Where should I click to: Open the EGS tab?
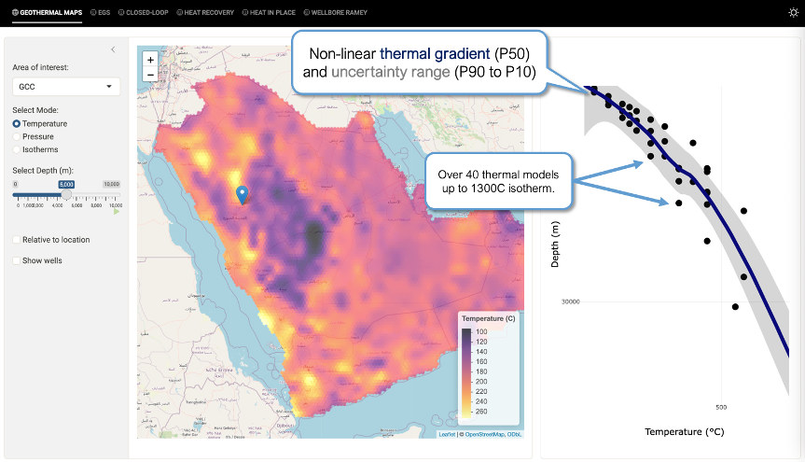[100, 12]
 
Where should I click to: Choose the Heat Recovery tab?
[205, 12]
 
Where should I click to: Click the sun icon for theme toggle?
[793, 12]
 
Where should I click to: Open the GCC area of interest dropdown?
[65, 87]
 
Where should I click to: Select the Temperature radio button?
[17, 123]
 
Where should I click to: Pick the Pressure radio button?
[17, 136]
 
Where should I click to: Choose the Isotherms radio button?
[17, 149]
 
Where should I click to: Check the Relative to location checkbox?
[17, 240]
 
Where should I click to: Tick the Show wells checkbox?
[17, 260]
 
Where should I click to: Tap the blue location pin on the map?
[243, 194]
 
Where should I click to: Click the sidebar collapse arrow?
[113, 49]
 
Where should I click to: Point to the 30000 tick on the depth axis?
[571, 301]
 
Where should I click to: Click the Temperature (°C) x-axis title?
[684, 432]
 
